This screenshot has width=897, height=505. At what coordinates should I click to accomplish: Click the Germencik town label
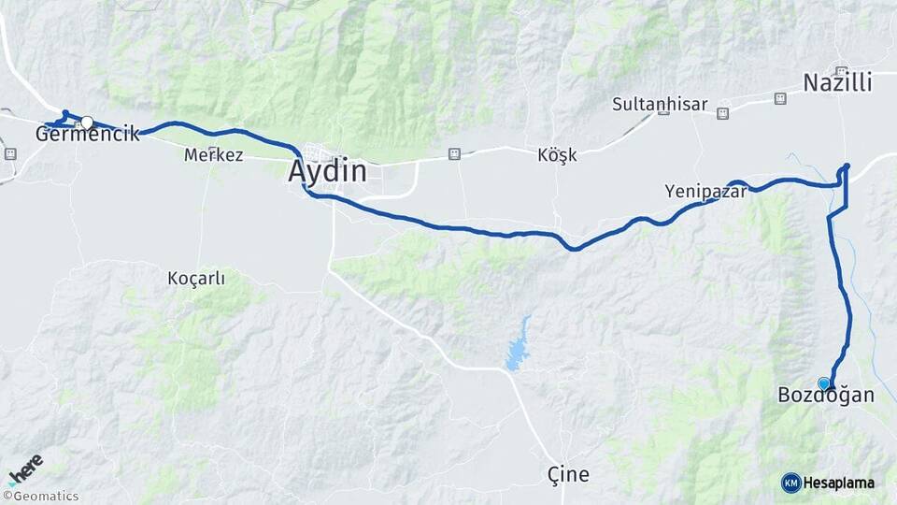[x=87, y=135]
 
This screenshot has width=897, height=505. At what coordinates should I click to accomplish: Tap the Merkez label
[x=214, y=155]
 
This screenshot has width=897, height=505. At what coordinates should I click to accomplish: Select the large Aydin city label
[x=327, y=172]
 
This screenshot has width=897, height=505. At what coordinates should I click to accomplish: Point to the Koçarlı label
[x=196, y=278]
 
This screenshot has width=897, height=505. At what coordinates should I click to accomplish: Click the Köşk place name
[x=558, y=155]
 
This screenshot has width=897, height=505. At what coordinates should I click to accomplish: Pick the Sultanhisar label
[x=660, y=104]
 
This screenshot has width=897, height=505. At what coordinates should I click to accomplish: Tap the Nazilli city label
[x=837, y=83]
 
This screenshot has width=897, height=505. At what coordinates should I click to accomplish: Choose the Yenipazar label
[x=705, y=191]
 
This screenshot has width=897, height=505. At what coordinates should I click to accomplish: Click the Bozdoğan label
[x=826, y=396]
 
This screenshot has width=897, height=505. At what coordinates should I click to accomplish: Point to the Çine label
[x=568, y=474]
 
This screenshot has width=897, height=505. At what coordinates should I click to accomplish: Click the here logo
[x=25, y=468]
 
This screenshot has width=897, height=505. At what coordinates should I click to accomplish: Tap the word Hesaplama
[x=839, y=483]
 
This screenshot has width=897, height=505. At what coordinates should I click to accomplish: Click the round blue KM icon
[x=791, y=483]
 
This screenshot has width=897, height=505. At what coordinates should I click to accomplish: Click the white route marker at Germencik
[x=87, y=123]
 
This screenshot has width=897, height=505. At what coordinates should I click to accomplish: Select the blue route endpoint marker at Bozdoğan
[x=823, y=383]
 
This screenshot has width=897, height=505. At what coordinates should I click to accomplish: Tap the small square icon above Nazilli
[x=841, y=71]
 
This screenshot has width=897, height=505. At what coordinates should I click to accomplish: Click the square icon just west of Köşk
[x=454, y=153]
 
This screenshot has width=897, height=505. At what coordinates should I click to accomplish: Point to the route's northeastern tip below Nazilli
[x=847, y=166]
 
